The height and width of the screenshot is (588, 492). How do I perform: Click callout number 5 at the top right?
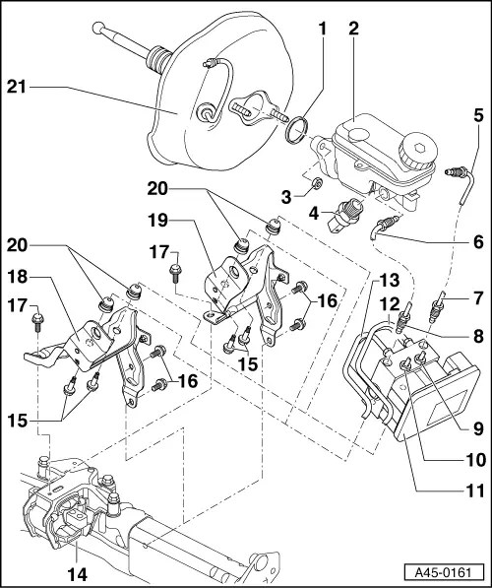[476, 116]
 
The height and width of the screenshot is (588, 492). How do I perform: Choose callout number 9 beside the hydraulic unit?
[476, 428]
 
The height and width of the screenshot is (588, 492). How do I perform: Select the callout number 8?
[476, 336]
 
